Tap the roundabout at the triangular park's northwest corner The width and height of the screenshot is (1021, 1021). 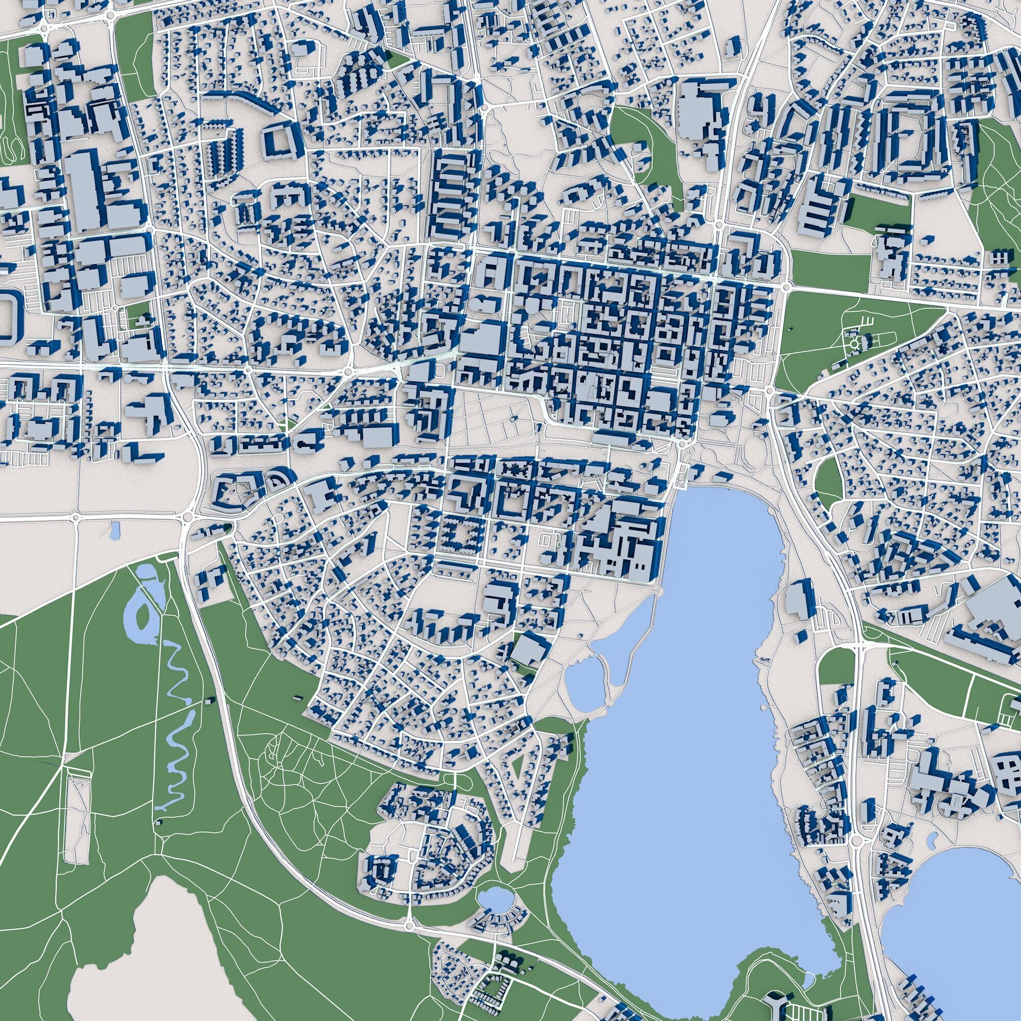[786, 286]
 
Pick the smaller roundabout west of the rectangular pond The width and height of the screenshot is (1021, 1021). [76, 517]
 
